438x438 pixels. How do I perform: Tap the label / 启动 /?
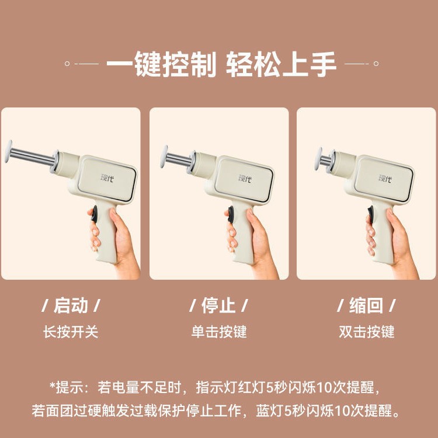pos(71,305)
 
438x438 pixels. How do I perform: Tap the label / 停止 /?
pos(218,305)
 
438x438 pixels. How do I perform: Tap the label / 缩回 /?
pos(367,305)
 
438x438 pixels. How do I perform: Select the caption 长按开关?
pos(71,332)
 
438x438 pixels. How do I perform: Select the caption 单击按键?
pos(219,332)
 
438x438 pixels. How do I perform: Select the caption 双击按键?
pos(367,332)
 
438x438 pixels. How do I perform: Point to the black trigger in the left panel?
pos(92,213)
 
